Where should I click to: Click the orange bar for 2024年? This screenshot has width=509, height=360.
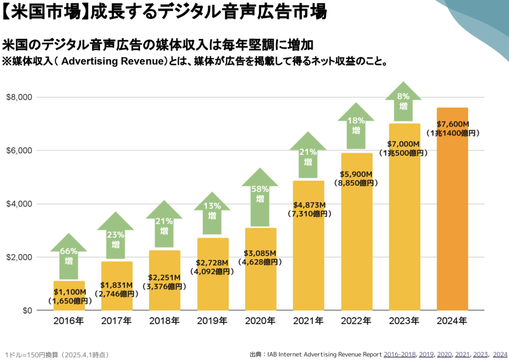click(452, 219)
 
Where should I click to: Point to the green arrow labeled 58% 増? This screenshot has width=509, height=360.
click(260, 194)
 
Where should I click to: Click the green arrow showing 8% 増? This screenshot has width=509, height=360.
click(403, 102)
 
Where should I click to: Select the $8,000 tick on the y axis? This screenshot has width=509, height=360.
click(19, 97)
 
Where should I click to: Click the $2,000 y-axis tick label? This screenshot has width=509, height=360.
click(19, 257)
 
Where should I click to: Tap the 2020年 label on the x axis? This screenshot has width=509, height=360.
click(260, 321)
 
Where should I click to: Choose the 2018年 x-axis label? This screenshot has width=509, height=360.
click(165, 321)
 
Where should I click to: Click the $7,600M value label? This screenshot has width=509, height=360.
click(452, 124)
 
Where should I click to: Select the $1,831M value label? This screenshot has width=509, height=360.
click(116, 285)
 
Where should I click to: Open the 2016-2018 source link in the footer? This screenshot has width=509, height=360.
click(400, 354)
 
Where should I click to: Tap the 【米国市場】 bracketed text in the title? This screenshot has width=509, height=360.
click(42, 12)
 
